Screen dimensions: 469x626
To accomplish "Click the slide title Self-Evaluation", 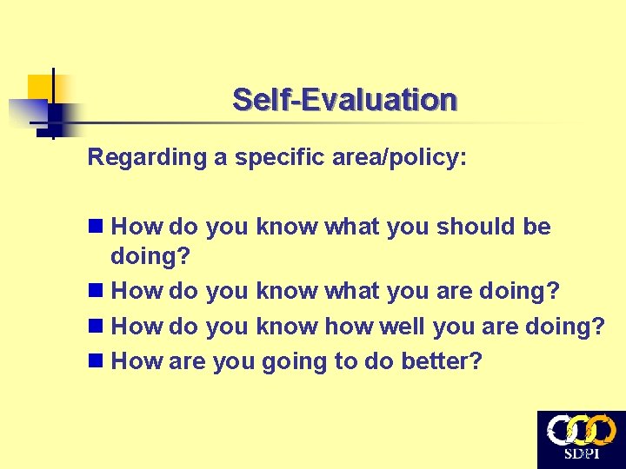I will click(x=344, y=100).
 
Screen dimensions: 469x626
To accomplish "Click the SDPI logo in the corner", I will click(x=581, y=439).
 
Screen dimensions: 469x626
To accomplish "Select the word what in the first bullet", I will click(x=352, y=228).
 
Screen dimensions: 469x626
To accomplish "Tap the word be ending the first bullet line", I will click(x=537, y=228).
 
